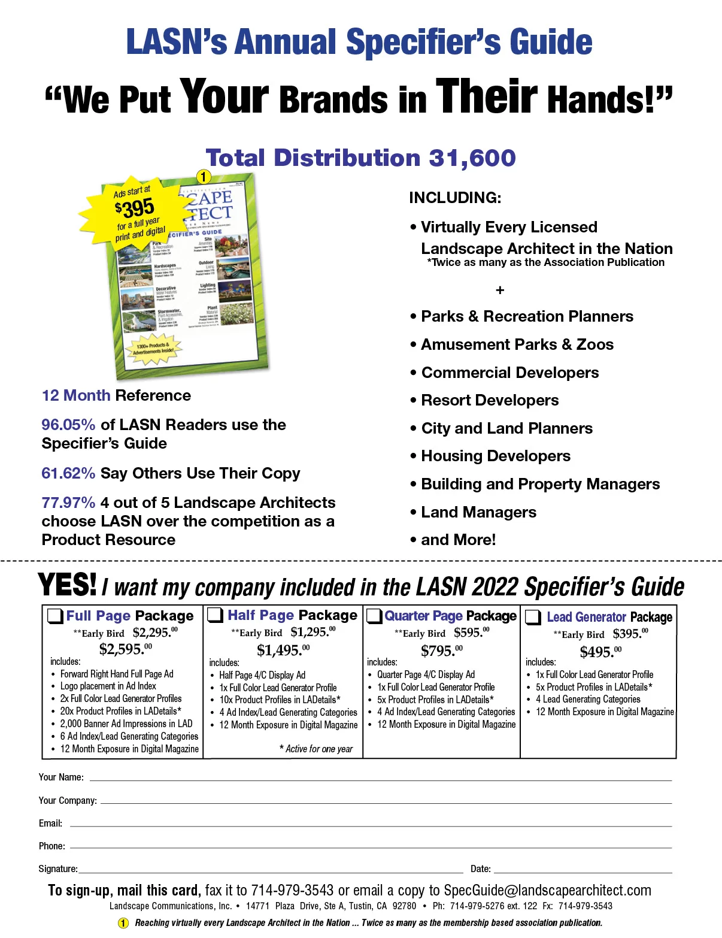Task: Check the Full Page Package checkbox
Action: [56, 616]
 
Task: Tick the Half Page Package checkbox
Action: [216, 615]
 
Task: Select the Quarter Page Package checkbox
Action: [375, 616]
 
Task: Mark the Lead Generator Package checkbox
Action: [533, 617]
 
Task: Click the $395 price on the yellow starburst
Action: [135, 208]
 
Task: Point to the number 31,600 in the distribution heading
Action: [472, 158]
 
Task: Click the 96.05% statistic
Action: [68, 425]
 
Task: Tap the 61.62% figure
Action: [68, 473]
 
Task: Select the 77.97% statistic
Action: [68, 503]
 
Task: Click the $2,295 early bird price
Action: [154, 633]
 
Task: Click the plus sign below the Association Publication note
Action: [500, 291]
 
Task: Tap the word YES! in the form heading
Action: [67, 585]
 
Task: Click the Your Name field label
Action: [61, 777]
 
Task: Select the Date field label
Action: [481, 869]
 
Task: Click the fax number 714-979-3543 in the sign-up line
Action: [292, 891]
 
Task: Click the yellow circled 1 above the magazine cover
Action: [204, 177]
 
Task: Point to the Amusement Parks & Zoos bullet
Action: [517, 344]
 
